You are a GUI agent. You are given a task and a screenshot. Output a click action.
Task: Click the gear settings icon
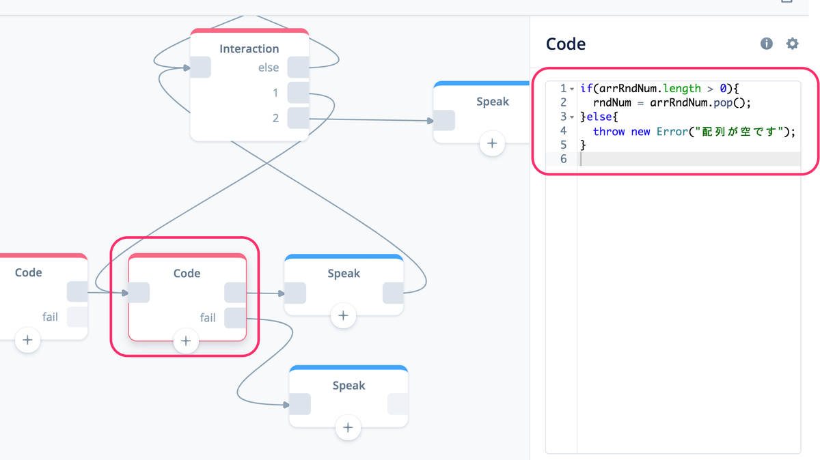coord(792,44)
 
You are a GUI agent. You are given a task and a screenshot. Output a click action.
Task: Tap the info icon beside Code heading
coord(766,44)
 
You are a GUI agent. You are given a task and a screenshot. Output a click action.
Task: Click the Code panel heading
coord(566,44)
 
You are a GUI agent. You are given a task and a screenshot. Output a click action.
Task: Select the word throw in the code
coord(608,131)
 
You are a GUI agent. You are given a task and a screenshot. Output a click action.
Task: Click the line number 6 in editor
coord(563,159)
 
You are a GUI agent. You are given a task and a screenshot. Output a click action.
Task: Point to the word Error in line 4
coord(672,131)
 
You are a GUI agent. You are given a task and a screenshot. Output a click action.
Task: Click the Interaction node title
coord(249,48)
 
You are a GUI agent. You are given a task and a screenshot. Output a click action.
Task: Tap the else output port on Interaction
coord(298,68)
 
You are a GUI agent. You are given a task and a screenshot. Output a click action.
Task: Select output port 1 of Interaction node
coord(298,93)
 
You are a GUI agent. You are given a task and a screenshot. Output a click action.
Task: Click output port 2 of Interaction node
coord(298,118)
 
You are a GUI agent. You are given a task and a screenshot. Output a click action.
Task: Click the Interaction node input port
coord(201,68)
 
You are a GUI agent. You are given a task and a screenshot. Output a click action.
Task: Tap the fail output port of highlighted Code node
coord(235,318)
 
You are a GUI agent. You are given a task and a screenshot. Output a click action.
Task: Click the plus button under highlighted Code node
coord(186,341)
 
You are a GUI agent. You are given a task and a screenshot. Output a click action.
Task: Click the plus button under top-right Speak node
coord(492,143)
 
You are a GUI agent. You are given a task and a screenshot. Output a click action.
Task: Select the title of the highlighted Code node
coord(187,273)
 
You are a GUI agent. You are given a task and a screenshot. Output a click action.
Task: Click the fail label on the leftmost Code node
coord(50,317)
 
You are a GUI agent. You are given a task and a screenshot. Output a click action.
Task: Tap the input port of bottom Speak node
coord(300,404)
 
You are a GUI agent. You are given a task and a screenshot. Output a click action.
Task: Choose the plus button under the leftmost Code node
coord(27,340)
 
